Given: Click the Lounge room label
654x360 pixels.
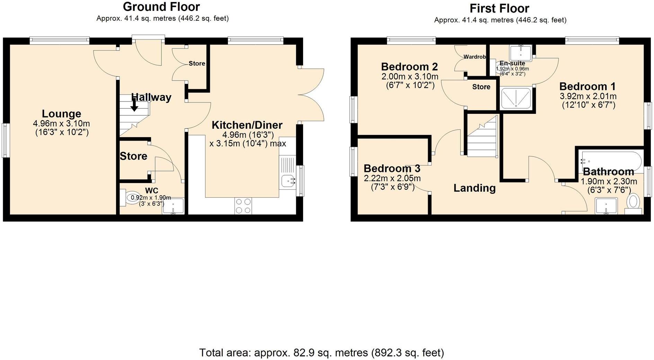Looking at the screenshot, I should pyautogui.click(x=61, y=114).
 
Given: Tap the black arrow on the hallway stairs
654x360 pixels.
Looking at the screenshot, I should pyautogui.click(x=134, y=105).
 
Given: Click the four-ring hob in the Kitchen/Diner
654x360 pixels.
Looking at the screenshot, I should pyautogui.click(x=243, y=206).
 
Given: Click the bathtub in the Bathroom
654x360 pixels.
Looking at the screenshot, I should pyautogui.click(x=611, y=161).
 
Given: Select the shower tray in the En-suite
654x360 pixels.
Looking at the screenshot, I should pyautogui.click(x=516, y=98).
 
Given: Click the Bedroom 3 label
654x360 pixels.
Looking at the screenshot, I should pyautogui.click(x=392, y=169).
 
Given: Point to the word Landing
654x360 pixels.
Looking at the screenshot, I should pyautogui.click(x=474, y=188).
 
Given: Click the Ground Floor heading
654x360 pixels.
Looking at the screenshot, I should pyautogui.click(x=161, y=7).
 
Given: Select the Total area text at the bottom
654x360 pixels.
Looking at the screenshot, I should pyautogui.click(x=321, y=353).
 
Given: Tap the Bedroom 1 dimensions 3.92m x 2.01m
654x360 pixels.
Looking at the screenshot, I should pyautogui.click(x=588, y=96).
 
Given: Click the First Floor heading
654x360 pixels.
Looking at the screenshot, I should pyautogui.click(x=500, y=8).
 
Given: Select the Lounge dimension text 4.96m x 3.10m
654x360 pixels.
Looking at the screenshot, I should pyautogui.click(x=61, y=124).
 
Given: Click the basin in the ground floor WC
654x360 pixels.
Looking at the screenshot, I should pyautogui.click(x=173, y=206).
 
